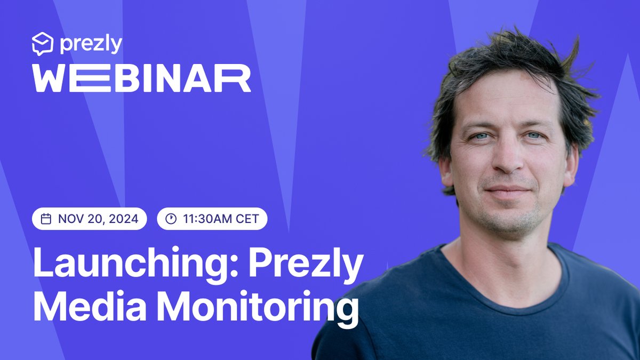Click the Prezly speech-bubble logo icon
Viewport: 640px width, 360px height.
(x=42, y=44)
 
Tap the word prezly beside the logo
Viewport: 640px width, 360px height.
(x=91, y=44)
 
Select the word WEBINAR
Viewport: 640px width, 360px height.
(x=141, y=79)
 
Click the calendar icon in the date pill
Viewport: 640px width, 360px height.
(x=46, y=219)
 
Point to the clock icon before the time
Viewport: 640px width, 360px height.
(x=171, y=219)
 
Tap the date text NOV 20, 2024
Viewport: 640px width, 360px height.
(x=98, y=219)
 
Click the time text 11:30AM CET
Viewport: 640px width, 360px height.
(x=220, y=219)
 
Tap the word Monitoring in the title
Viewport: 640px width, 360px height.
(x=256, y=308)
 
